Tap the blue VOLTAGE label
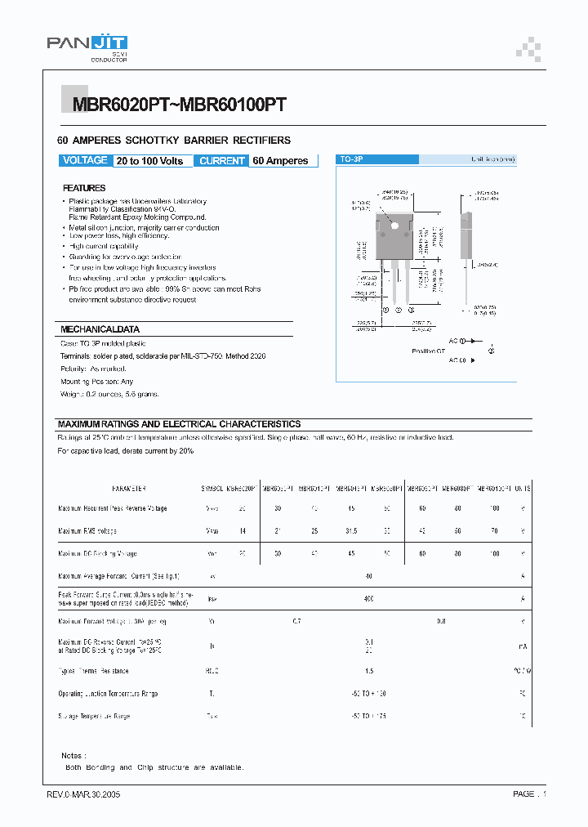point(85,161)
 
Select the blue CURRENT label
point(222,161)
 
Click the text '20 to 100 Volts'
point(149,161)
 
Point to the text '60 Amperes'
point(280,161)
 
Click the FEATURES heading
point(84,188)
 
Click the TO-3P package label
point(352,161)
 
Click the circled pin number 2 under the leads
point(398,311)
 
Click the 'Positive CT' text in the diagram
point(429,351)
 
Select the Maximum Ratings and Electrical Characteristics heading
point(179,424)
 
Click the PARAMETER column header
point(128,488)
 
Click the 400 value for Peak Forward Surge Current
point(369,599)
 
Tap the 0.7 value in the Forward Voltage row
point(296,622)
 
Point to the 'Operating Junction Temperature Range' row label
point(108,694)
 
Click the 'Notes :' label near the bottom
point(73,756)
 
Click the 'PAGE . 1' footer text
point(529,793)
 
